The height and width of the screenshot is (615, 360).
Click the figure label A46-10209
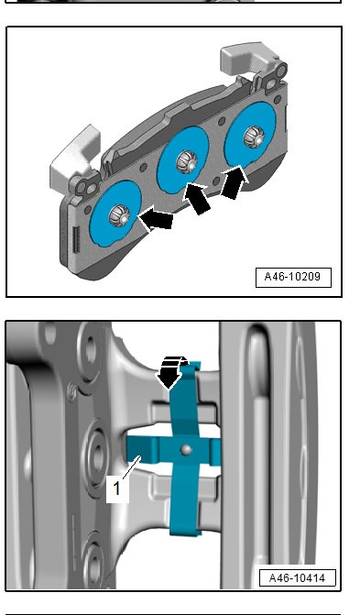[x=293, y=277]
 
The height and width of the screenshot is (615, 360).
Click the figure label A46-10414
[x=297, y=577]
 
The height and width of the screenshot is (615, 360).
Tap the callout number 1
[x=117, y=489]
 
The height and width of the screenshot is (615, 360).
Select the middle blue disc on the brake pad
[x=182, y=160]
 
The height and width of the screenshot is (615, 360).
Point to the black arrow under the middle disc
[x=198, y=198]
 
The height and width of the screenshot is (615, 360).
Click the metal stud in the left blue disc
[x=119, y=215]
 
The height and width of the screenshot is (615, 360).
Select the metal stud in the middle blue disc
[x=187, y=160]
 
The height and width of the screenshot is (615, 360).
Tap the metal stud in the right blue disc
[x=254, y=137]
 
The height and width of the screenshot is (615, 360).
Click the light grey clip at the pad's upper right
[x=245, y=58]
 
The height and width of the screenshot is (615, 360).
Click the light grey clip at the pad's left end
[x=75, y=155]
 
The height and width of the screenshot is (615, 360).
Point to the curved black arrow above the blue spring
[x=171, y=371]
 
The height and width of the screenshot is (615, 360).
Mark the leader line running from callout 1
[x=132, y=467]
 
